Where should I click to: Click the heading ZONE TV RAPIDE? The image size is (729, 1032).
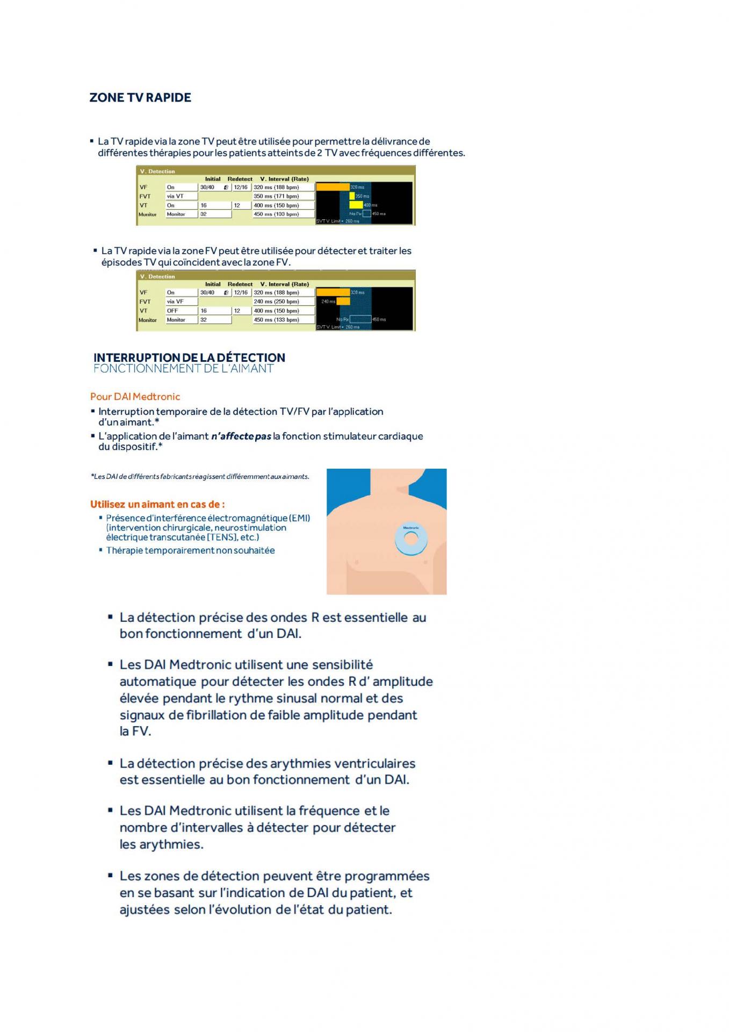pyautogui.click(x=140, y=97)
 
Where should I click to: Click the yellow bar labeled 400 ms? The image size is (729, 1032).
pyautogui.click(x=356, y=205)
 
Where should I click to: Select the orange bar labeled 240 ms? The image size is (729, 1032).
pyautogui.click(x=343, y=302)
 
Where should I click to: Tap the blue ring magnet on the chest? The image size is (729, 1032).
pyautogui.click(x=411, y=540)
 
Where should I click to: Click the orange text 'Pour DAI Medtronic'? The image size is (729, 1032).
pyautogui.click(x=135, y=397)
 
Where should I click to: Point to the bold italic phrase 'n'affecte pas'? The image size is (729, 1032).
pyautogui.click(x=241, y=436)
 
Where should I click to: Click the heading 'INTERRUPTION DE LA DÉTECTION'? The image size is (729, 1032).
pyautogui.click(x=189, y=357)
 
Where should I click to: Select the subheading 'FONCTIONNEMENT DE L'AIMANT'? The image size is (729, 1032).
pyautogui.click(x=183, y=369)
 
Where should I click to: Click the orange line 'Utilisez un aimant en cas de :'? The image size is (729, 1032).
pyautogui.click(x=157, y=504)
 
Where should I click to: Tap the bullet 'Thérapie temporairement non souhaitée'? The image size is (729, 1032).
pyautogui.click(x=190, y=550)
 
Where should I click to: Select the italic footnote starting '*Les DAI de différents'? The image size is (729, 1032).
pyautogui.click(x=200, y=476)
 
